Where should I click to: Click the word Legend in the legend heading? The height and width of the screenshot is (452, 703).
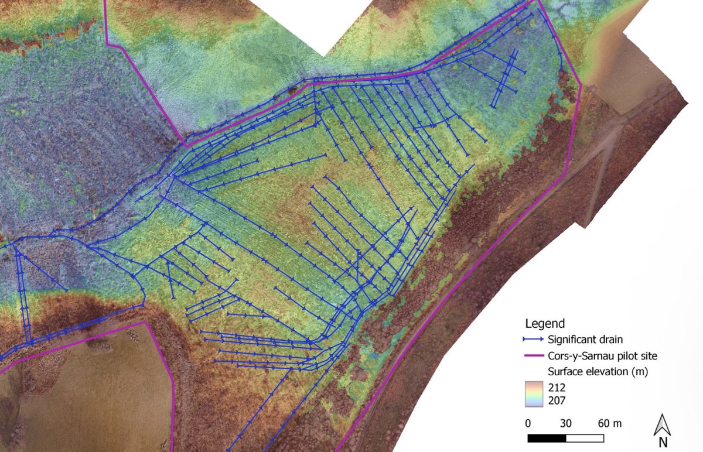[545, 323]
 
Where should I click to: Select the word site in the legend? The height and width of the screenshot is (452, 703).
[647, 355]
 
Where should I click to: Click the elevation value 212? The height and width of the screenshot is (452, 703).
[557, 388]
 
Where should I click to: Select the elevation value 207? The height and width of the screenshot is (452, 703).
[557, 400]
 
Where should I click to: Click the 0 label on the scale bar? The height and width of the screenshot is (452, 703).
[528, 423]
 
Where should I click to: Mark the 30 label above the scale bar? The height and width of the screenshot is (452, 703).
[566, 423]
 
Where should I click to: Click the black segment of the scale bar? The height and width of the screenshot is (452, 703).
[547, 438]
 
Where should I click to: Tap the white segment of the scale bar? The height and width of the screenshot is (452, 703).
[585, 438]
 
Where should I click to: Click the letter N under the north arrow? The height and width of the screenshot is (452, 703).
[663, 443]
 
